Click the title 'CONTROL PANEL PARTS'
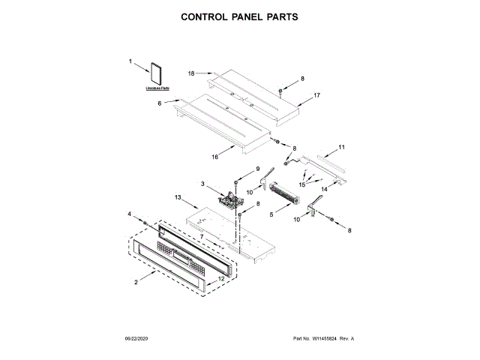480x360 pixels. pyautogui.click(x=239, y=15)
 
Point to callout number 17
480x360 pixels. pyautogui.click(x=317, y=95)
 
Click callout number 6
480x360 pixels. pyautogui.click(x=159, y=103)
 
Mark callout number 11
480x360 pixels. pyautogui.click(x=341, y=147)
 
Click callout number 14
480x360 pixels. pyautogui.click(x=325, y=190)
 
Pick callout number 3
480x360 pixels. pyautogui.click(x=202, y=183)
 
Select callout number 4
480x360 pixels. pyautogui.click(x=130, y=214)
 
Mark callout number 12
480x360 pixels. pyautogui.click(x=221, y=279)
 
